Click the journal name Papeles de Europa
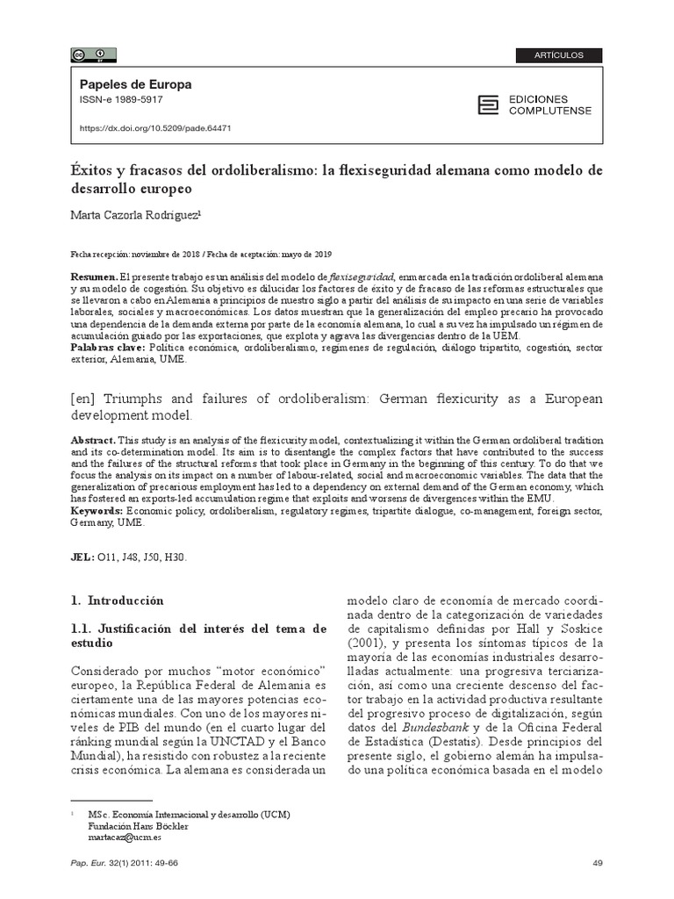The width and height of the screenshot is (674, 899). pos(135,85)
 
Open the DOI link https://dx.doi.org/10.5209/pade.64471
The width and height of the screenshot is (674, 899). pos(155,127)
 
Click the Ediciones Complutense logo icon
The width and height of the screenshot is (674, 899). pos(487,105)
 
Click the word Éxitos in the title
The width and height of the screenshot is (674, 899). pos(93,169)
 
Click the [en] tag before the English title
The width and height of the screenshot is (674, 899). pos(84,399)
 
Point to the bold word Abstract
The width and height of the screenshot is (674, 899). pos(90,438)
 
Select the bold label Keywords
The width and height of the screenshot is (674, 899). pos(97,510)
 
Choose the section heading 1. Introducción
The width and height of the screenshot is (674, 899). pos(118,601)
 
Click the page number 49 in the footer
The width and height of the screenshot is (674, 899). pos(598,864)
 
